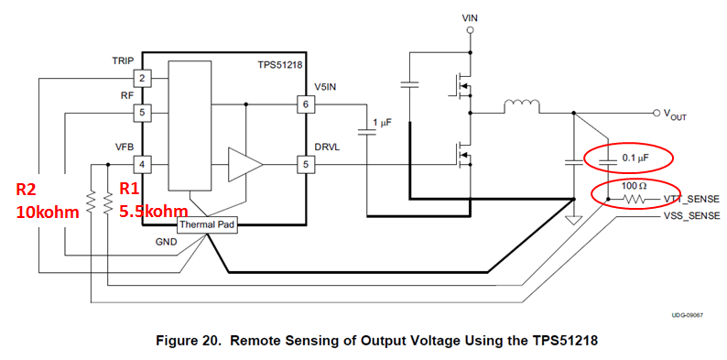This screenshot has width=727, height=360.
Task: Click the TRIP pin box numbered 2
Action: pyautogui.click(x=142, y=79)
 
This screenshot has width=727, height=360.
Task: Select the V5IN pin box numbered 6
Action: pyautogui.click(x=306, y=104)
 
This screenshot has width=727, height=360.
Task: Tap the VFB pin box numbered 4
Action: pyautogui.click(x=142, y=164)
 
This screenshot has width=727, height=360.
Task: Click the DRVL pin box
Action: pyautogui.click(x=306, y=164)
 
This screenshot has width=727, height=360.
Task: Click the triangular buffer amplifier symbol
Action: pyautogui.click(x=244, y=164)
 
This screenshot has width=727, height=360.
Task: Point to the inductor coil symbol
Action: pyautogui.click(x=521, y=106)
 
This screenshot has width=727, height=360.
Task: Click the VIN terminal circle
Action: pyautogui.click(x=470, y=30)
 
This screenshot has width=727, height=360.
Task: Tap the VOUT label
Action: pyautogui.click(x=674, y=115)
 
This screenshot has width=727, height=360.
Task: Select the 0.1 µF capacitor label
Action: pyautogui.click(x=635, y=159)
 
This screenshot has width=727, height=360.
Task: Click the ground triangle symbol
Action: pyautogui.click(x=574, y=220)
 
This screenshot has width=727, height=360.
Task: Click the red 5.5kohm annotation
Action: pyautogui.click(x=154, y=212)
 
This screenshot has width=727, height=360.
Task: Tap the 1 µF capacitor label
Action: pyautogui.click(x=384, y=123)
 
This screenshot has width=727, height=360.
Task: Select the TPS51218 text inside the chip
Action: pyautogui.click(x=280, y=65)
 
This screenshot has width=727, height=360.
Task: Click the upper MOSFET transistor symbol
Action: pyautogui.click(x=461, y=84)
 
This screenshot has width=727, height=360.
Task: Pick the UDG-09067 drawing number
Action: pyautogui.click(x=688, y=315)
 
